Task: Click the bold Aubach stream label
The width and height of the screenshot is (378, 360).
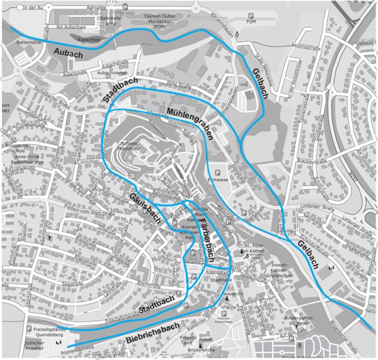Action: (x=69, y=53)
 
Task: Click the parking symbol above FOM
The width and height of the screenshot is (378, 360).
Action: (x=251, y=16)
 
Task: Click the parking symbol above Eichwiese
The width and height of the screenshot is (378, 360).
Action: (x=218, y=173)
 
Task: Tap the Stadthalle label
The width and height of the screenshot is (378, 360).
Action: (x=220, y=280)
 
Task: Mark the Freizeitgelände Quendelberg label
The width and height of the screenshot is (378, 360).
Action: (x=50, y=331)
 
